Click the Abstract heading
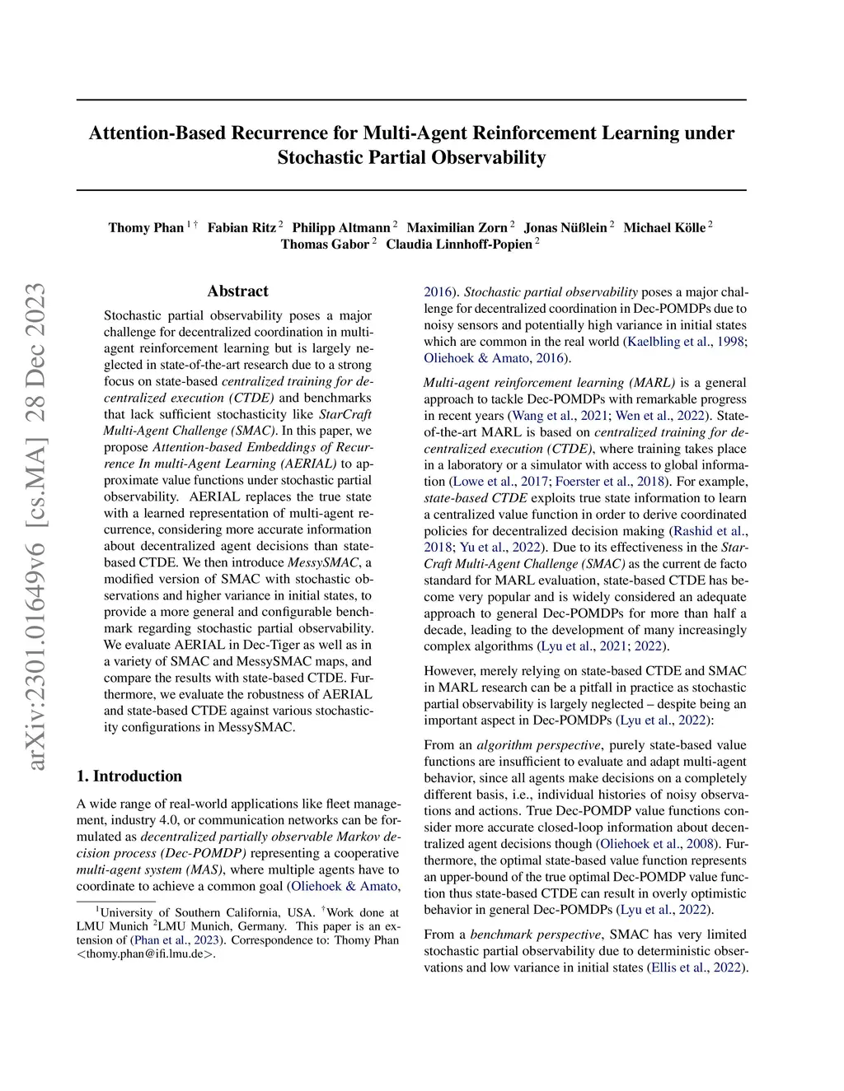pyautogui.click(x=237, y=291)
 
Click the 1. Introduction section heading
pyautogui.click(x=129, y=776)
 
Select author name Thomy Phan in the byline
pyautogui.click(x=146, y=227)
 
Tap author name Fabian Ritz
pyautogui.click(x=241, y=227)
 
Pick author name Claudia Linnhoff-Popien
pyautogui.click(x=458, y=245)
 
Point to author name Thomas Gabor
pyautogui.click(x=325, y=245)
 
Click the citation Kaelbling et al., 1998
pyautogui.click(x=687, y=342)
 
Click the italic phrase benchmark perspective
pyautogui.click(x=535, y=935)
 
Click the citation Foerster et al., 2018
pyautogui.click(x=610, y=482)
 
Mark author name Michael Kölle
pyautogui.click(x=664, y=227)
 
